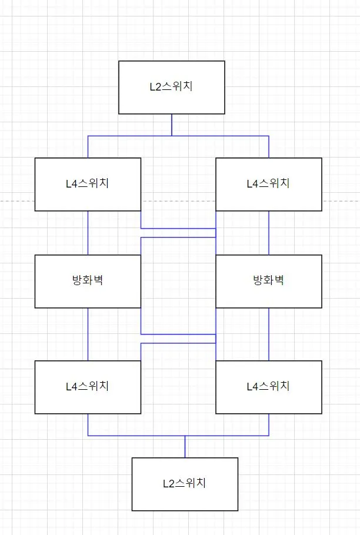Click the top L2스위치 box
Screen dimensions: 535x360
click(171, 87)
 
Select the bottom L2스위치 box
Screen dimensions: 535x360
click(185, 484)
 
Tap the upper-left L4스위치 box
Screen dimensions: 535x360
click(88, 183)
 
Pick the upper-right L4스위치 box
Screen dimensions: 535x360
click(269, 183)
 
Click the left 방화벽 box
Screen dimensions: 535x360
click(88, 281)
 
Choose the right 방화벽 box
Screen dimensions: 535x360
click(269, 281)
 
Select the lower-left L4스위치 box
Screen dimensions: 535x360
click(88, 387)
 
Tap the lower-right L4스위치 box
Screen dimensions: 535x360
click(269, 387)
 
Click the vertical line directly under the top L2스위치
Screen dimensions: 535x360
click(172, 125)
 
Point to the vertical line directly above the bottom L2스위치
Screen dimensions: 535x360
click(185, 447)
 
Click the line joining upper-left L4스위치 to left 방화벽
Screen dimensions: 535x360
click(88, 233)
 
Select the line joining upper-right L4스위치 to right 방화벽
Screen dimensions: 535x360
click(269, 233)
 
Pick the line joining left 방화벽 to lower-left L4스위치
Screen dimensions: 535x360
click(88, 334)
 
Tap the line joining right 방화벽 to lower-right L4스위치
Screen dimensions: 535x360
click(269, 334)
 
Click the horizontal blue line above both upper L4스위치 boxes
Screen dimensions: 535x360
click(129, 136)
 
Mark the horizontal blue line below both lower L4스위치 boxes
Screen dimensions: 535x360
click(135, 436)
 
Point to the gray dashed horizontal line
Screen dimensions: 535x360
click(18, 202)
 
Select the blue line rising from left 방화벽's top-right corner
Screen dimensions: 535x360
click(141, 246)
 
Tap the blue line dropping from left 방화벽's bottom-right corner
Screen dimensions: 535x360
click(141, 321)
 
